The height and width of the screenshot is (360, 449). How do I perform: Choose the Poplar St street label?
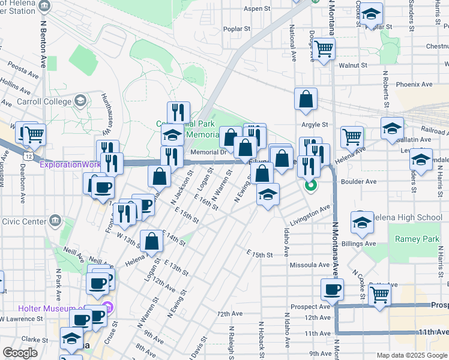click(x=236, y=28)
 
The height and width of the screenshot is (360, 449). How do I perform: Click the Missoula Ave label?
click(x=310, y=265)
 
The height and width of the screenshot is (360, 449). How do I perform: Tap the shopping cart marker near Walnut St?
click(x=324, y=49)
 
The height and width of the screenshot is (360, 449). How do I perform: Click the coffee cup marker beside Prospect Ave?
click(x=332, y=290)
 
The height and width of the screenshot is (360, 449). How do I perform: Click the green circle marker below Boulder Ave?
click(x=310, y=185)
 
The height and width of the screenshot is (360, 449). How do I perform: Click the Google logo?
click(x=20, y=353)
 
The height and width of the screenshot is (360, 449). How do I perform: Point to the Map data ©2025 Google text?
click(x=411, y=355)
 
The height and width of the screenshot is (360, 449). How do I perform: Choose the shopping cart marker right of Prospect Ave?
click(x=380, y=295)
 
